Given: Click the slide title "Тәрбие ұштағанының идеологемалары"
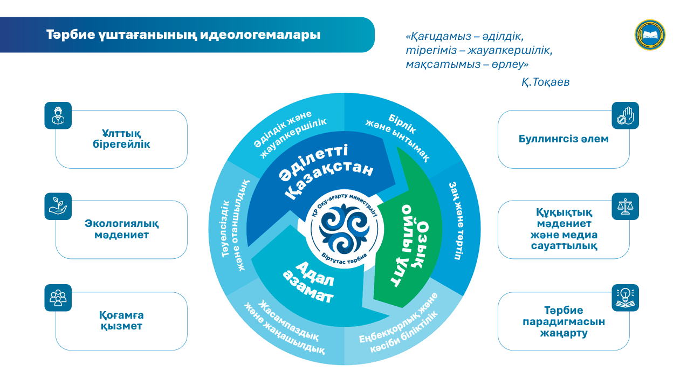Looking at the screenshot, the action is (183, 35).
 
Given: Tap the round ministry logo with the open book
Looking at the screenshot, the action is (650, 35).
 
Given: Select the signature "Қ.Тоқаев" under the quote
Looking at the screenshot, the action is (545, 82).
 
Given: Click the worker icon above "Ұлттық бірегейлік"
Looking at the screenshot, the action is (58, 115).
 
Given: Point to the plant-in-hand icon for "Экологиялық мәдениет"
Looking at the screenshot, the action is (58, 206).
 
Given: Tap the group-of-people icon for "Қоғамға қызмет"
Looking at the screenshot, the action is (58, 298).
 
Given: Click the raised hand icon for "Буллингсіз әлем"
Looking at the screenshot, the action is (625, 115).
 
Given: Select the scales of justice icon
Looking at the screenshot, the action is (625, 206).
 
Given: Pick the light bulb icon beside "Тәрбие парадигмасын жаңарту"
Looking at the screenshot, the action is (625, 298).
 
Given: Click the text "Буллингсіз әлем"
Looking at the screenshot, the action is (564, 139).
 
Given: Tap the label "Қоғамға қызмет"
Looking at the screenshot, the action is (121, 321).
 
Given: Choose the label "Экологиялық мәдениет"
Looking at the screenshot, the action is (121, 229).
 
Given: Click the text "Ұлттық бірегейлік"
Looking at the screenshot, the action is (121, 139).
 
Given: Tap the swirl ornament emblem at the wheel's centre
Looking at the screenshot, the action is (344, 229).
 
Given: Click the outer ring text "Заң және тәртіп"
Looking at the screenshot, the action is (457, 221).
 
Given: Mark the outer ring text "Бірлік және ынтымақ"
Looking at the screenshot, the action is (398, 137).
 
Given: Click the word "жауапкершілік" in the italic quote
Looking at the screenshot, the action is (510, 51).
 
